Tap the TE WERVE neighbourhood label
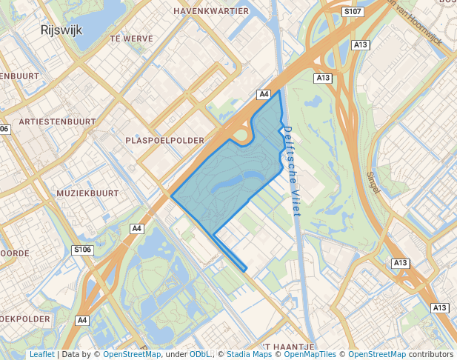tap(130, 38)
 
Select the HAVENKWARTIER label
tap(211, 11)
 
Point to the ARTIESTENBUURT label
tap(59, 121)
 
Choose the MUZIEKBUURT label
tap(87, 193)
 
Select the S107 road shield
tap(353, 13)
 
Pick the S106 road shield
tap(82, 250)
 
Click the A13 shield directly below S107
tap(361, 45)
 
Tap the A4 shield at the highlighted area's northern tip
tap(264, 94)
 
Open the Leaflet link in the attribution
tap(41, 354)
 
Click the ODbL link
tap(200, 354)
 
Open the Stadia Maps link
tap(247, 354)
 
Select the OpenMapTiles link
tap(310, 354)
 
